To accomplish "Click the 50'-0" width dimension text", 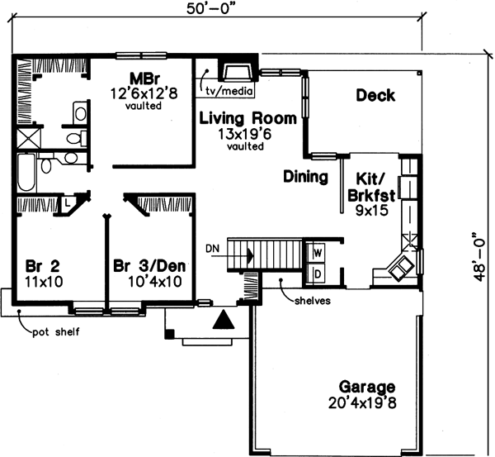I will pyautogui.click(x=205, y=10).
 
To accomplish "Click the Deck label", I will pyautogui.click(x=375, y=96).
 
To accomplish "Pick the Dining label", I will pyautogui.click(x=305, y=177).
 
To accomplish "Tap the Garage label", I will pyautogui.click(x=366, y=387).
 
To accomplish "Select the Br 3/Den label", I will pyautogui.click(x=148, y=267).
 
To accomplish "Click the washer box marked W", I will pyautogui.click(x=317, y=251).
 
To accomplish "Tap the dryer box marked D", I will pyautogui.click(x=317, y=274).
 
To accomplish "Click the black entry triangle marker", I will pyautogui.click(x=223, y=320).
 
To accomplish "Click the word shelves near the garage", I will pyautogui.click(x=312, y=301).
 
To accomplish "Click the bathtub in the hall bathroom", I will pyautogui.click(x=25, y=172).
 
